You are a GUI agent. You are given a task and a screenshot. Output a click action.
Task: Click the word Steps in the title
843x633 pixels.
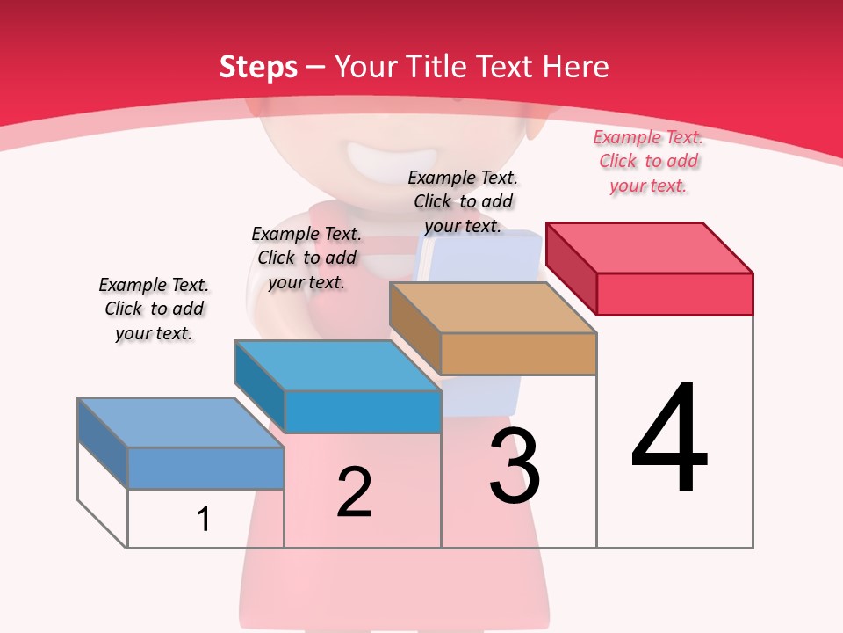point(258,67)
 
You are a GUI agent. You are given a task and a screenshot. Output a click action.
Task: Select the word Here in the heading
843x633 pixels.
point(575,67)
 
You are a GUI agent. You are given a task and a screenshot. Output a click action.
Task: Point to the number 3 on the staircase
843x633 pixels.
point(514,467)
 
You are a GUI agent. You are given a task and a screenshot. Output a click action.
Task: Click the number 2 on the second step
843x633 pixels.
point(354,492)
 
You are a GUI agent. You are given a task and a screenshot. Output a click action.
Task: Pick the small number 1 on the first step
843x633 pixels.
point(204,519)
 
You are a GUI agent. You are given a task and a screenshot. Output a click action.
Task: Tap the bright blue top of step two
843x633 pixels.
point(338,366)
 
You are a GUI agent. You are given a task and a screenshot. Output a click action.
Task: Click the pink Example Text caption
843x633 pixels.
point(648,161)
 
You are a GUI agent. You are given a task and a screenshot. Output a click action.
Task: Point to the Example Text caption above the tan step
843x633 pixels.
point(463,201)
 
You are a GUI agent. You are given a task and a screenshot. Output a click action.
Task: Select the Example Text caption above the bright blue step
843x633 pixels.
point(306,258)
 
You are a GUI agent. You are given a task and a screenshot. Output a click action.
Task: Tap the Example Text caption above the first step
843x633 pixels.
point(154,309)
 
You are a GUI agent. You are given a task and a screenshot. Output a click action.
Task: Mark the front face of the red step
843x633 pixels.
point(674,294)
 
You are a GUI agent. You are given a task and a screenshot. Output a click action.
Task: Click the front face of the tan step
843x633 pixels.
point(518,353)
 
